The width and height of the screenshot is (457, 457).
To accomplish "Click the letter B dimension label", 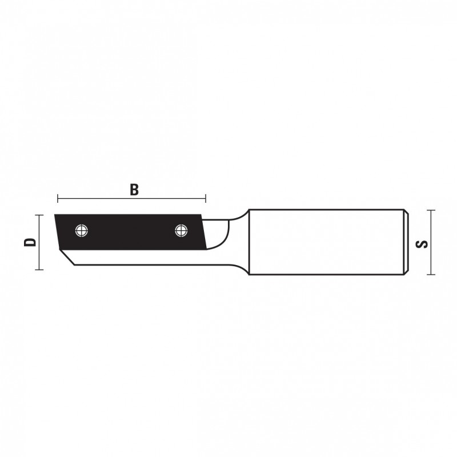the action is click(134, 190).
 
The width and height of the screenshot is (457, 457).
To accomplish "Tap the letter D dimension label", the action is click(30, 242).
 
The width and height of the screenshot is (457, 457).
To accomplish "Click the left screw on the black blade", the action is click(82, 231).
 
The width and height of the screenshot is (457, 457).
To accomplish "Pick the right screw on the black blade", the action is click(181, 231).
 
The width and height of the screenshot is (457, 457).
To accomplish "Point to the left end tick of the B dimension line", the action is click(58, 198).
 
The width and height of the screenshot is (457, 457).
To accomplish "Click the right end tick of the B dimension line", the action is click(206, 198).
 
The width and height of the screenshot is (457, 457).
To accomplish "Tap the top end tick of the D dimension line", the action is click(39, 215).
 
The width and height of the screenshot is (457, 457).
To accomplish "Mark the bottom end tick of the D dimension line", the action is click(39, 270).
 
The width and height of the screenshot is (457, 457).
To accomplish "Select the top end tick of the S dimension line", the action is click(431, 210).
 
